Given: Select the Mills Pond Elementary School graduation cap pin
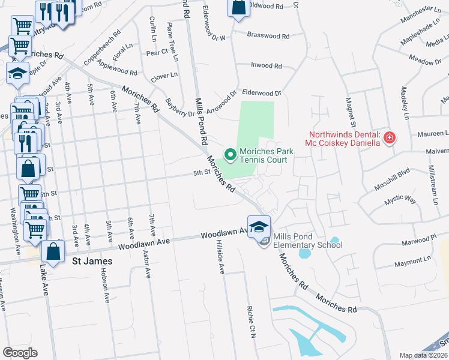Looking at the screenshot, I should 259,227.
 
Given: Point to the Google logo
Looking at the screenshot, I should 20,353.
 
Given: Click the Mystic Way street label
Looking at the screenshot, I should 400,199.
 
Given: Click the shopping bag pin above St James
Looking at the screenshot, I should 53,253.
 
